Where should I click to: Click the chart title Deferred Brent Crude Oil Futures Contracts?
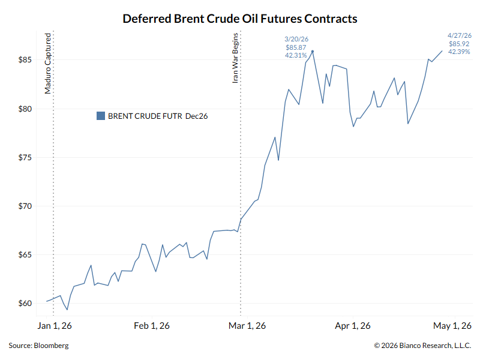(x=240, y=19)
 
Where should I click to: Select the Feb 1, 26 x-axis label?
(x=152, y=326)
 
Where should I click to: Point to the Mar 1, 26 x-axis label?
(x=248, y=326)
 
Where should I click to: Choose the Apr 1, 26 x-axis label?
(x=352, y=326)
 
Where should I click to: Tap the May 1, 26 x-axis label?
(x=453, y=326)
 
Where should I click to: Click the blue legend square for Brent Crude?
(x=101, y=116)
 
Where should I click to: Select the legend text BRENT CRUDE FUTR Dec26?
(x=158, y=116)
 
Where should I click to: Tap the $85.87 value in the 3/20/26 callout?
(x=296, y=47)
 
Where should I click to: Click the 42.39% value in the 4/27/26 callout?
(x=459, y=52)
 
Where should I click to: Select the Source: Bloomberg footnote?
(x=38, y=346)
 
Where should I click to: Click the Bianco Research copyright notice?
(x=422, y=346)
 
